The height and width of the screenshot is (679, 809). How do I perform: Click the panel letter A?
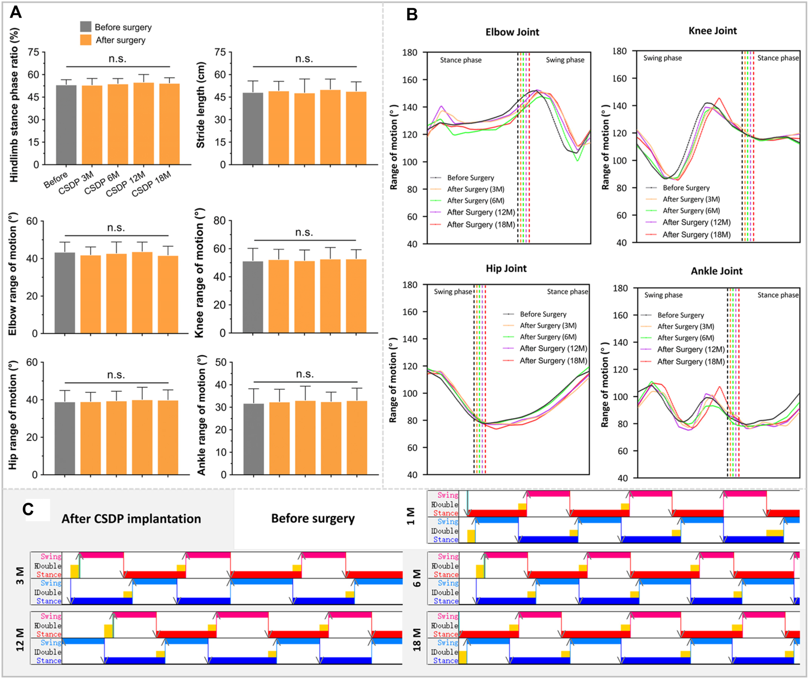tap(16, 12)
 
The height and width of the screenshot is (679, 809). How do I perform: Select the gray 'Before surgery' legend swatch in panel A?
tap(85, 27)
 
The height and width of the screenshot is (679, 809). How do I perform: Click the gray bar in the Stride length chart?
tap(252, 128)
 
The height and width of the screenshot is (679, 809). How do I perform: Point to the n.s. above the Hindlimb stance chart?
tap(117, 58)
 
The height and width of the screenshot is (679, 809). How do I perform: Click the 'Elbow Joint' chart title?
tap(512, 32)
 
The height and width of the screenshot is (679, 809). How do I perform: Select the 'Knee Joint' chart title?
tap(712, 31)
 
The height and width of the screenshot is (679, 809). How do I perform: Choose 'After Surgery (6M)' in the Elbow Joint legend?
tap(475, 200)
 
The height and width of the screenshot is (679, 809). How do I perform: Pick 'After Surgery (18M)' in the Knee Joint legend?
tap(696, 235)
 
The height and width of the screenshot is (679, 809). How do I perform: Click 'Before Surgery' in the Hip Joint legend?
tap(543, 314)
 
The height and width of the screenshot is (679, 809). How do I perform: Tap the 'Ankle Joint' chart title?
tap(716, 271)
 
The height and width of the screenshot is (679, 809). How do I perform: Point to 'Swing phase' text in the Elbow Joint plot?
tap(565, 60)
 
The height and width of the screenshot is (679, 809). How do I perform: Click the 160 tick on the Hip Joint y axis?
tap(411, 312)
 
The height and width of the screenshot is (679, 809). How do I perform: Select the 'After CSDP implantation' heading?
tap(131, 519)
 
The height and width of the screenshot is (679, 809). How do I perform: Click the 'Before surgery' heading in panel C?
tap(313, 518)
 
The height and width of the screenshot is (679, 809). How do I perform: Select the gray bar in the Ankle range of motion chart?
tap(253, 439)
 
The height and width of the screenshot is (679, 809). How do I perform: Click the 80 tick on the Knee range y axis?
tap(220, 221)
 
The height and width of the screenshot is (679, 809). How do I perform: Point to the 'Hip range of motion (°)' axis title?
tap(13, 415)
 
